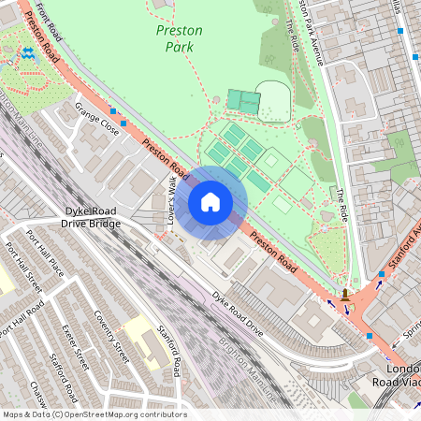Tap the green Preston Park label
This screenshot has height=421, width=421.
click(x=178, y=37)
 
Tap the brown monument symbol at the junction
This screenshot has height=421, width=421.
click(x=347, y=295)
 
